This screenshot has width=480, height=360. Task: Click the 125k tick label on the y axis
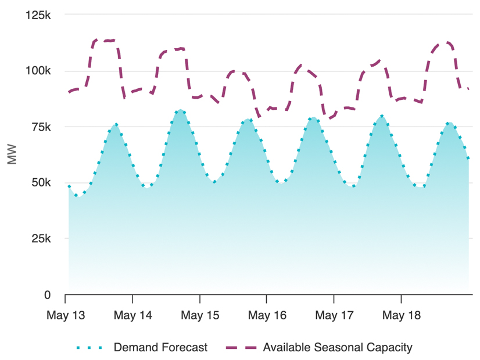[38, 15]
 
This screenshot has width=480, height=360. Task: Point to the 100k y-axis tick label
[38, 71]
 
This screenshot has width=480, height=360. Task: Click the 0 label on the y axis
[48, 295]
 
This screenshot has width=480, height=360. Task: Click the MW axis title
[12, 155]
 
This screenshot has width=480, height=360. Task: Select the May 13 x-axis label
[66, 315]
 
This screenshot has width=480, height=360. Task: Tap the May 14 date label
[133, 315]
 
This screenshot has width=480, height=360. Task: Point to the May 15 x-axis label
[200, 315]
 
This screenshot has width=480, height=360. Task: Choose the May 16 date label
[267, 315]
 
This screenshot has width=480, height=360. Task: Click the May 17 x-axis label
[334, 315]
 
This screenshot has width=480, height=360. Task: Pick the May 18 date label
[401, 315]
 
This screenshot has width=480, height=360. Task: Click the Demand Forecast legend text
[160, 348]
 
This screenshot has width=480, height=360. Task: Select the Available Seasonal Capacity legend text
[338, 348]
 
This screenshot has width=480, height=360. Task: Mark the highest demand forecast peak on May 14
[181, 110]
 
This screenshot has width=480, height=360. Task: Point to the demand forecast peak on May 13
[116, 124]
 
